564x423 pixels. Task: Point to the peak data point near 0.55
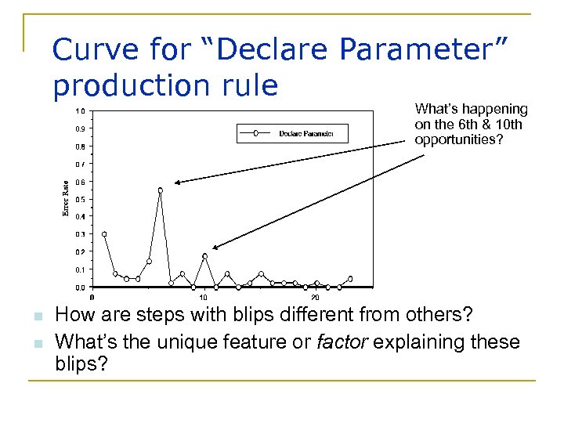click(x=160, y=190)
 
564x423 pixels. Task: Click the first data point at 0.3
click(x=104, y=234)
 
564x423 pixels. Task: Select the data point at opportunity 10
click(x=204, y=256)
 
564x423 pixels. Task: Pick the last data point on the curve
click(x=350, y=278)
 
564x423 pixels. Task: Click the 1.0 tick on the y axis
click(x=81, y=110)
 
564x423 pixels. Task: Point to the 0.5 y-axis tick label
click(x=81, y=199)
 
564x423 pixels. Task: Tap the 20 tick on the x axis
click(x=315, y=298)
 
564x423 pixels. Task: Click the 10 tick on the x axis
click(x=204, y=298)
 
